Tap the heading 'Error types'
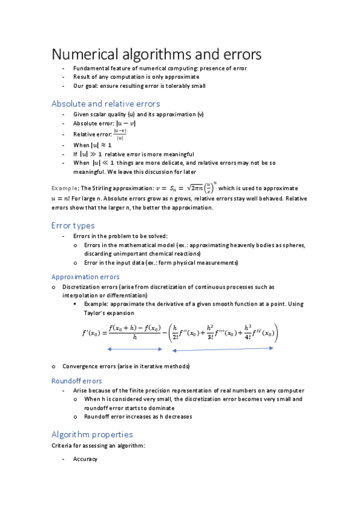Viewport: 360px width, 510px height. point(73,226)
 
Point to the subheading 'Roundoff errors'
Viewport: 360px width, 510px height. point(76,381)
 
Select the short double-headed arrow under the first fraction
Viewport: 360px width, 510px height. point(135,349)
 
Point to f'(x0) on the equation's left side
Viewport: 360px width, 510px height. point(93,333)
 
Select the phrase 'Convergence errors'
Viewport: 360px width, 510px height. point(87,366)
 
